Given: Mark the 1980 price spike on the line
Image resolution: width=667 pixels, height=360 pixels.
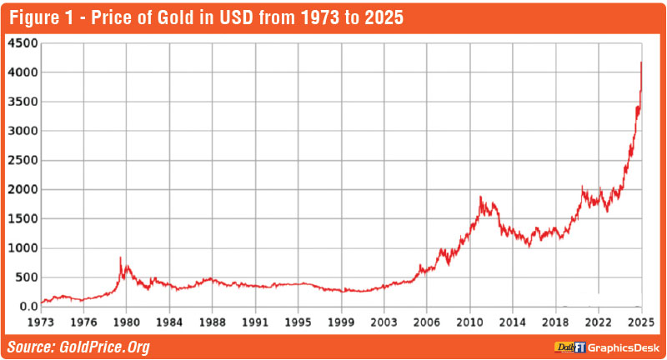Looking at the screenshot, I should pyautogui.click(x=121, y=257).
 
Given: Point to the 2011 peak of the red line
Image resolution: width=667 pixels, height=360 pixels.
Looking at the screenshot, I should pyautogui.click(x=481, y=197).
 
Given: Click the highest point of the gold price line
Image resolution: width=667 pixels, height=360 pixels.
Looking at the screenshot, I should pyautogui.click(x=640, y=62).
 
